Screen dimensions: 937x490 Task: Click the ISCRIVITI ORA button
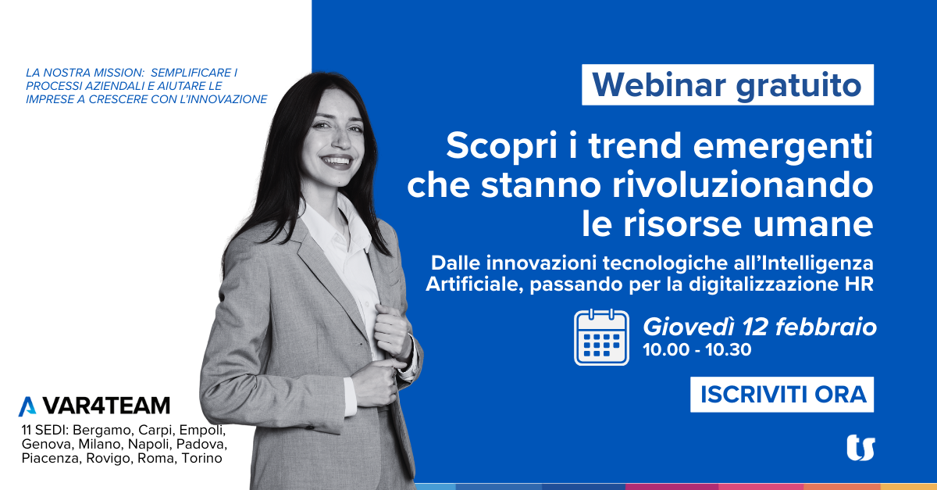782,395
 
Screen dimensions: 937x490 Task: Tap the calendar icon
601,337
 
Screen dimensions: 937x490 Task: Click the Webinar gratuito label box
728,84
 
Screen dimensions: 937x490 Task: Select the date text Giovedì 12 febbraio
760,327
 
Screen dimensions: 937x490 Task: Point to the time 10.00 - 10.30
697,350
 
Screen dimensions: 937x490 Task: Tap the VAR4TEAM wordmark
106,406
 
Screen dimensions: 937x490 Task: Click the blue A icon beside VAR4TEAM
27,406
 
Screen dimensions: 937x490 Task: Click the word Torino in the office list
202,458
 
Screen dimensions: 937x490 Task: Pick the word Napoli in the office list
150,444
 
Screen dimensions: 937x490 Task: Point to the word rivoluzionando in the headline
743,184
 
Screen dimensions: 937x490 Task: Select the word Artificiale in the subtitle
475,284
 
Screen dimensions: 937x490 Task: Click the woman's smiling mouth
337,161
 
